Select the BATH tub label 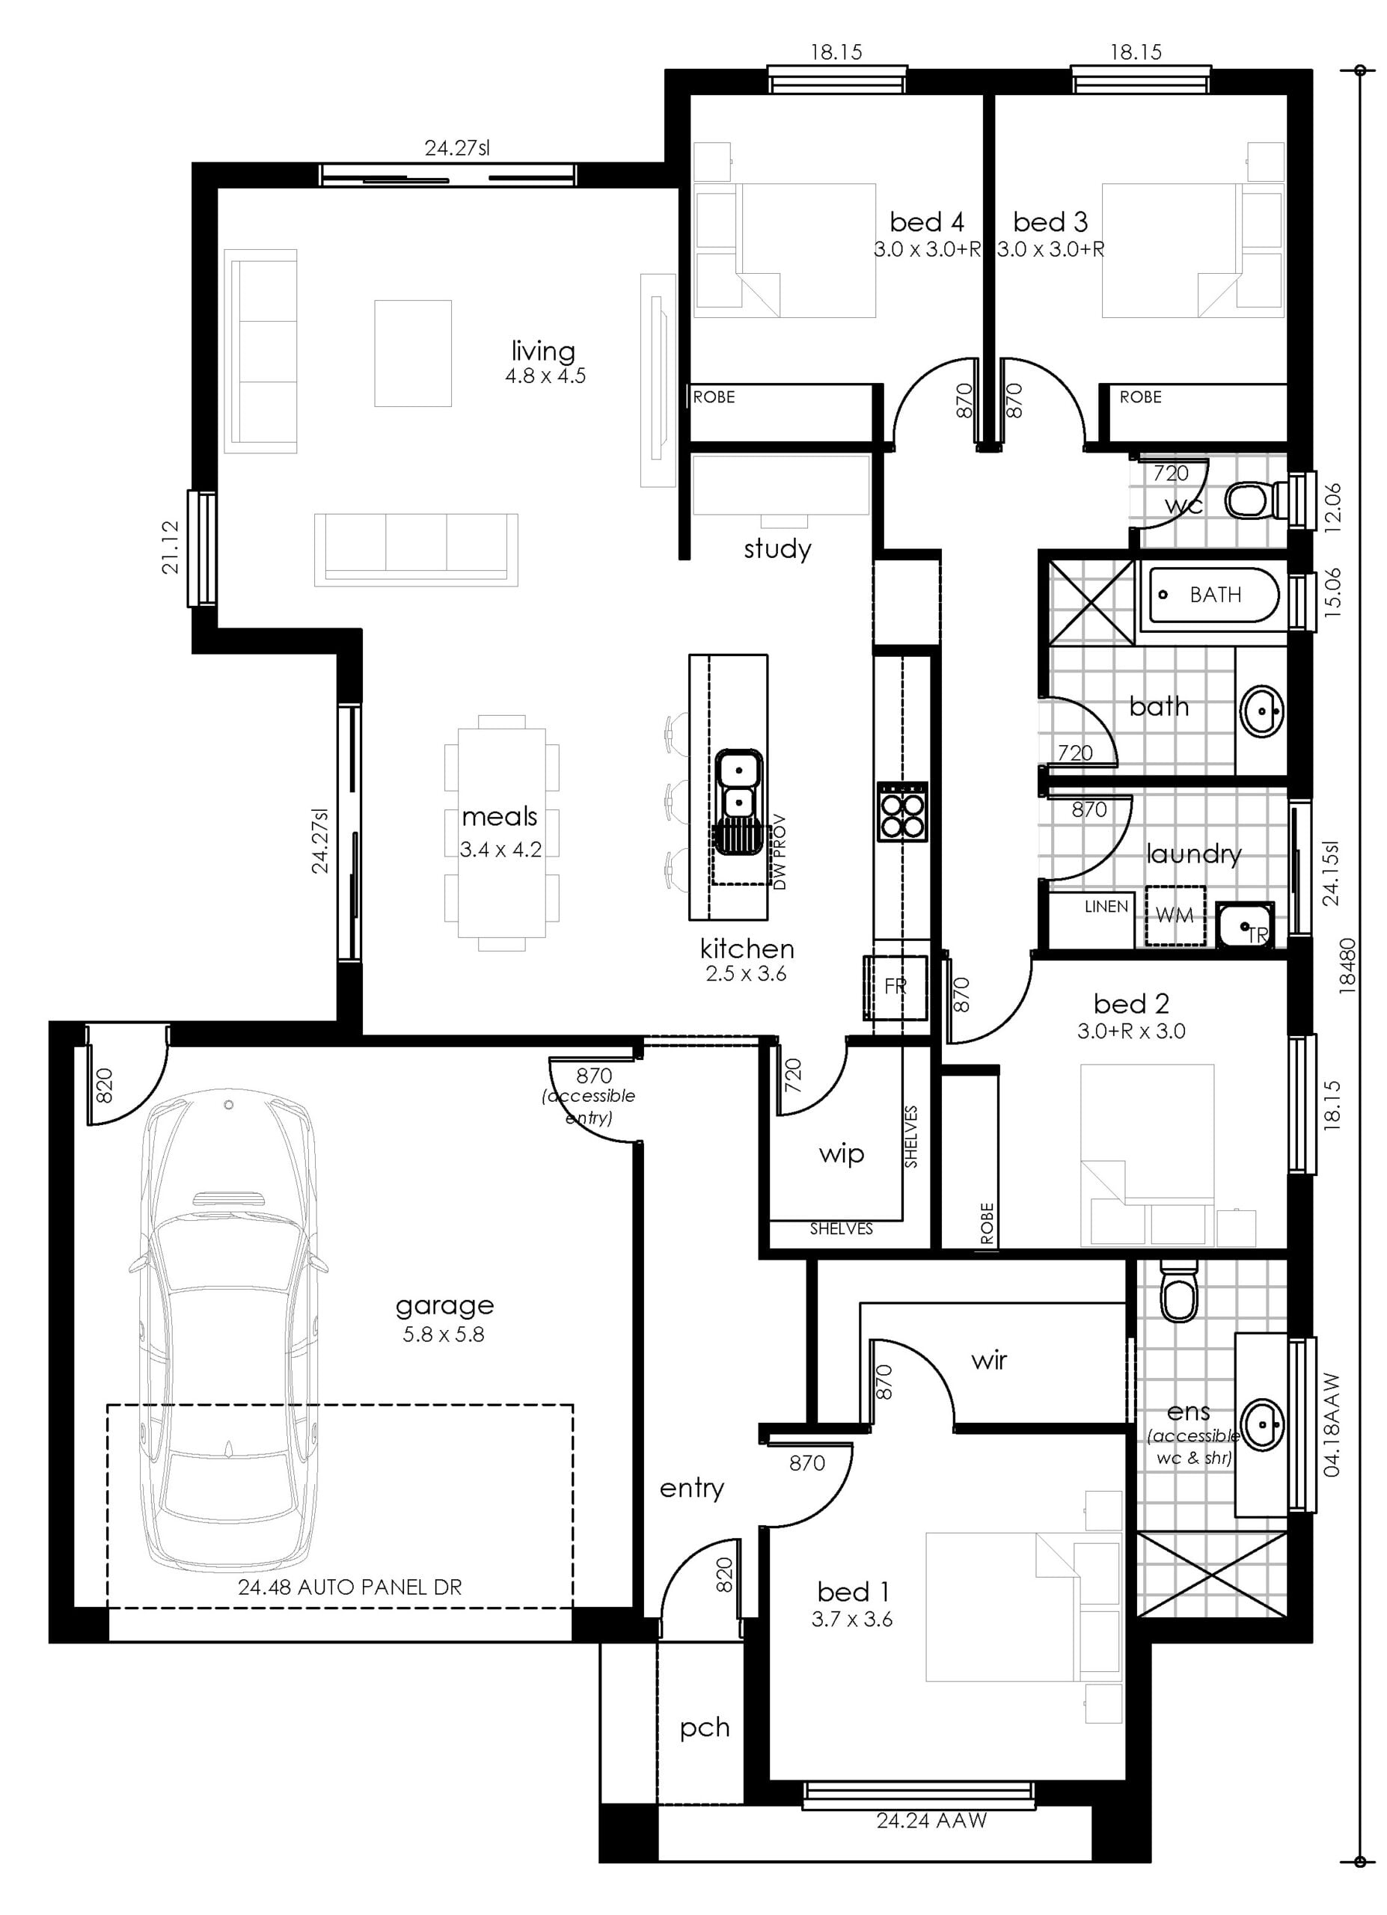click(1215, 595)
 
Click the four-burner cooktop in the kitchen click(903, 812)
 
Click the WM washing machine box click(1175, 914)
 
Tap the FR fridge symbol click(895, 985)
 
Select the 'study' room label click(777, 550)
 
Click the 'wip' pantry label click(841, 1154)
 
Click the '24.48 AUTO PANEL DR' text click(349, 1587)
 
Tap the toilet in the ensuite click(1178, 1291)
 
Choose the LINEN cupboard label click(1106, 906)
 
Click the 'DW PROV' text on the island click(780, 851)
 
